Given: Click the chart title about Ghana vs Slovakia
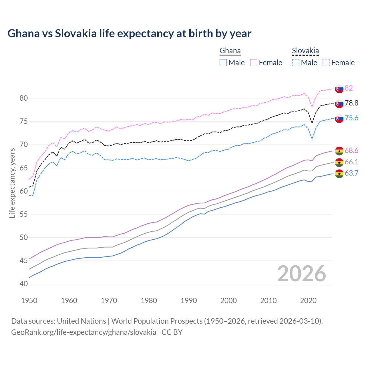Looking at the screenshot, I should (129, 33).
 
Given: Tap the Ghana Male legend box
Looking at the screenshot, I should (223, 63).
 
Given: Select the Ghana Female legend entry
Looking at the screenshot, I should (266, 63).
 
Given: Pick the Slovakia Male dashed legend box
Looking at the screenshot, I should (296, 63).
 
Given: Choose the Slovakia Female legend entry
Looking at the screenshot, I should (339, 63).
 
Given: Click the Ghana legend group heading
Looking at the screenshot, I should (230, 51).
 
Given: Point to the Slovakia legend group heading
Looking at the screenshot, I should (305, 51).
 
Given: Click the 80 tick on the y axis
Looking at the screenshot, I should (24, 98).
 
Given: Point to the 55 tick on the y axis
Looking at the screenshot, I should (24, 214).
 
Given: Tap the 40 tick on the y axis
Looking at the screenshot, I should (24, 284).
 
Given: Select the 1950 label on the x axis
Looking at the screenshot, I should (29, 301).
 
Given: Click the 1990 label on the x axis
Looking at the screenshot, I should (189, 301).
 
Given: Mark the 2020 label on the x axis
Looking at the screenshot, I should (308, 301).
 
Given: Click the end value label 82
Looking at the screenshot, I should (349, 88).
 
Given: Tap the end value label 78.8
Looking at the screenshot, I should (351, 103).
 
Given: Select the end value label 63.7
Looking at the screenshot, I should (351, 173).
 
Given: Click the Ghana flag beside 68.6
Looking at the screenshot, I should (339, 151).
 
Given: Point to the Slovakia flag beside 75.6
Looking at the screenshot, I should (339, 118).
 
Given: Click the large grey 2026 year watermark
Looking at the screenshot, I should (301, 274).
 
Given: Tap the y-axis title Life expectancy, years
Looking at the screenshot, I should (12, 183).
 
